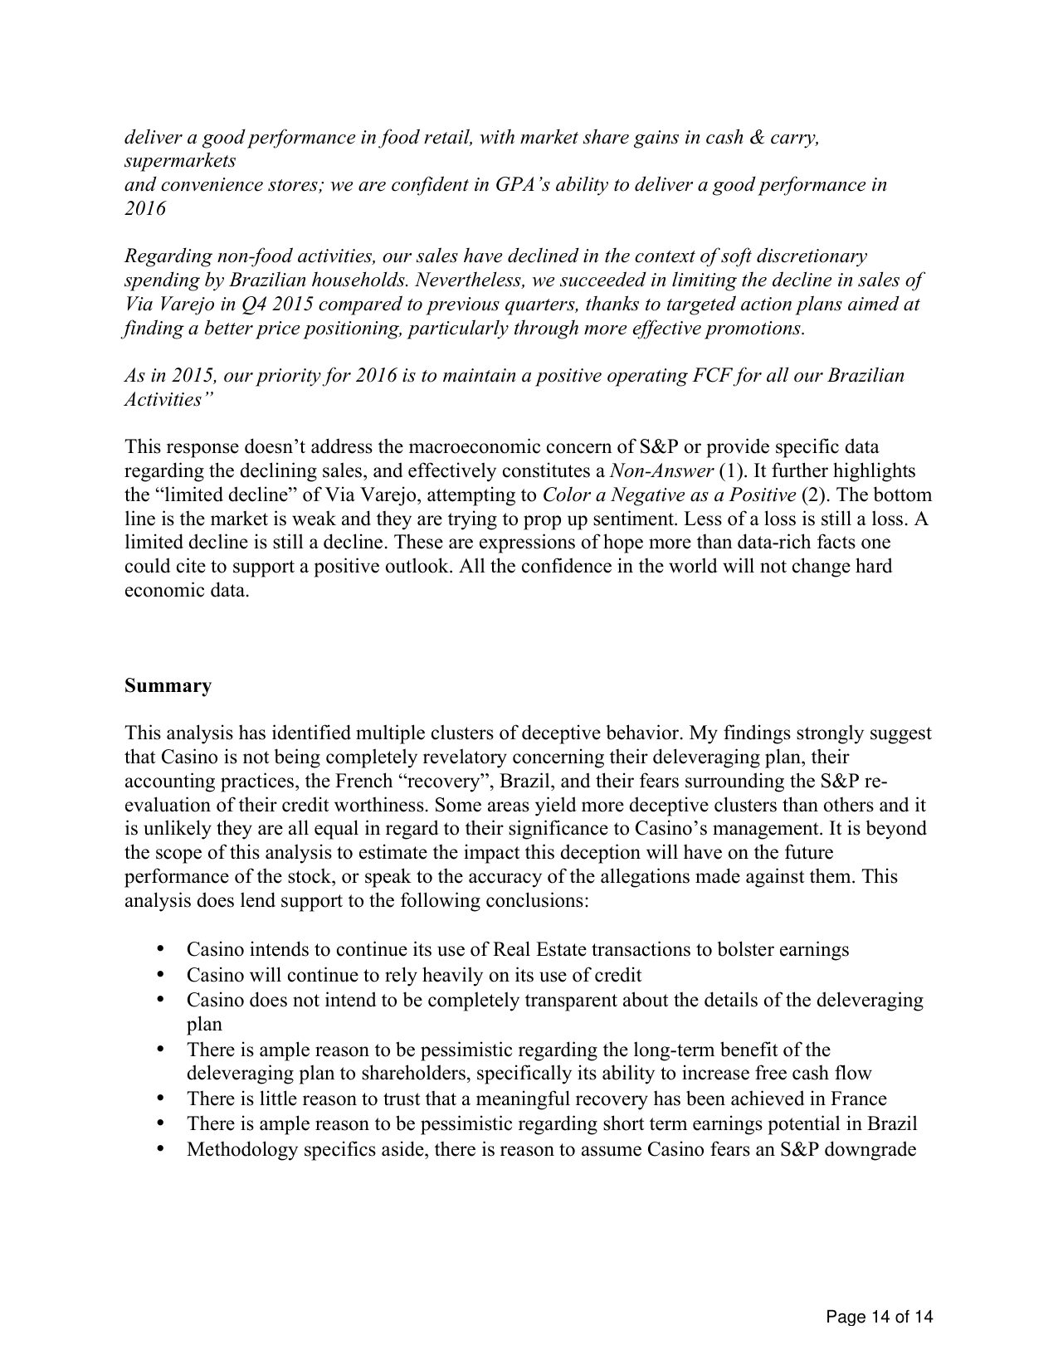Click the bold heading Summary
pos(168,685)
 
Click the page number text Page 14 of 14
pos(880,1316)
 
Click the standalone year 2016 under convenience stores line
pos(144,208)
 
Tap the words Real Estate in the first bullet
pos(540,949)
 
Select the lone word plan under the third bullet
pos(204,1024)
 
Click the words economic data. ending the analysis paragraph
pos(187,591)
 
